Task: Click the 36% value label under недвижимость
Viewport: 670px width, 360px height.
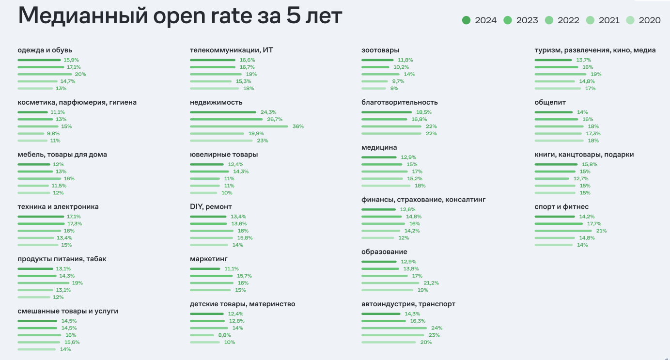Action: point(298,126)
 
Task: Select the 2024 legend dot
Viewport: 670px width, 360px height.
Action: point(467,20)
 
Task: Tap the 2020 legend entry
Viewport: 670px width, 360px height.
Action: point(644,20)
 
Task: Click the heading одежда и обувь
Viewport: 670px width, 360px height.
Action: point(45,50)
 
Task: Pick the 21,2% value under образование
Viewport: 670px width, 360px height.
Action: point(431,283)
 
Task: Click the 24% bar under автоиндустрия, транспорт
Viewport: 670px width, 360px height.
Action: point(394,328)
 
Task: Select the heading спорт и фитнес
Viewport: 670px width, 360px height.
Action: point(561,207)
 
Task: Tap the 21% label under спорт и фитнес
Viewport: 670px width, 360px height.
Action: point(601,231)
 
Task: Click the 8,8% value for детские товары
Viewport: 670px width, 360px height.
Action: point(225,335)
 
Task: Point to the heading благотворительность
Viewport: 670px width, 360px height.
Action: point(399,102)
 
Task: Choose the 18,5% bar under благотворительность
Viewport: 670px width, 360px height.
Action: point(386,112)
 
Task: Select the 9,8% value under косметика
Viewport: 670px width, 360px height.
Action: point(53,133)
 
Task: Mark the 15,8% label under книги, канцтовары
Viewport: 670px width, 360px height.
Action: point(590,164)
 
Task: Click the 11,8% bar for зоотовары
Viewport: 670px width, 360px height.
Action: point(377,60)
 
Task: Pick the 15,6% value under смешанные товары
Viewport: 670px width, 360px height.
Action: point(72,342)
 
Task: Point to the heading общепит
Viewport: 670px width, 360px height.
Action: point(550,102)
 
